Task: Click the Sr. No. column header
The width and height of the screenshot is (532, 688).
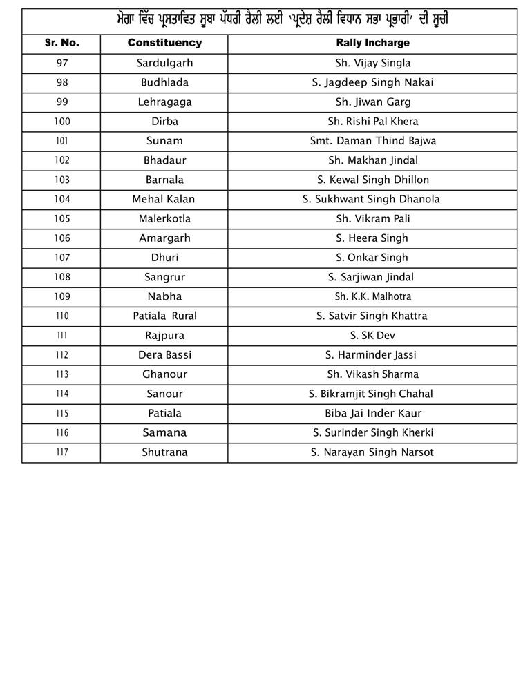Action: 61,43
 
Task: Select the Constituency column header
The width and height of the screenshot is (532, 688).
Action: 164,43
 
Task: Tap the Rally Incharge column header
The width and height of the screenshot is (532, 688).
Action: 372,43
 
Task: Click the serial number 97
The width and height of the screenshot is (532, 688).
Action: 61,63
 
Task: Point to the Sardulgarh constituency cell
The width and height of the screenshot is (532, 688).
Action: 164,63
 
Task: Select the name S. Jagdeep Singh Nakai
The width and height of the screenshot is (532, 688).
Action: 372,82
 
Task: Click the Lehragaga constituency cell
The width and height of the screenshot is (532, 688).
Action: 164,102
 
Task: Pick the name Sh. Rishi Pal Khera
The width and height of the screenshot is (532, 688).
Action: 372,121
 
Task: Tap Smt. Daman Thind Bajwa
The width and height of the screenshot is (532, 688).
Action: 372,141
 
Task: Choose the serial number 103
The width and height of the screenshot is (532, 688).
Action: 61,180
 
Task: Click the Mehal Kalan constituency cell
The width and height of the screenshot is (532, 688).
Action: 164,199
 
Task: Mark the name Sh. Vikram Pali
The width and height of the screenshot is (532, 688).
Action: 372,218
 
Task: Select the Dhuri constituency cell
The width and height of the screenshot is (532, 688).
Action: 164,258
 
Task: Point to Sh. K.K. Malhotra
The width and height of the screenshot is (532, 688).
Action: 372,296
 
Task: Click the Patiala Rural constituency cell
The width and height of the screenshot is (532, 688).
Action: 164,316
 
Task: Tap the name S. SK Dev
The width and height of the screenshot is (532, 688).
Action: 372,336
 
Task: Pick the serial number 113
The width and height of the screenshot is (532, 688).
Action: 61,374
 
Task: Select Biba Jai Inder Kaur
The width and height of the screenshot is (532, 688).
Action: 372,413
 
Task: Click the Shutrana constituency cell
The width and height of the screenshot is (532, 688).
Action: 164,452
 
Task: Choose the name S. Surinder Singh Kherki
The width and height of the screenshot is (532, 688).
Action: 372,433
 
